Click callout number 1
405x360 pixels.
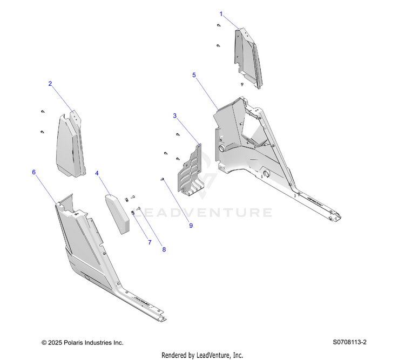[x=220, y=12]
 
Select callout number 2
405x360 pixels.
[x=50, y=84]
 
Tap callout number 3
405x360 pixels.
[x=174, y=116]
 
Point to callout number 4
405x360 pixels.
[x=97, y=173]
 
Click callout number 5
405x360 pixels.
[x=194, y=75]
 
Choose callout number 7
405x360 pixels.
[x=150, y=243]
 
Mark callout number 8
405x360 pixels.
[x=164, y=250]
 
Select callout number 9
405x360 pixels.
[x=191, y=226]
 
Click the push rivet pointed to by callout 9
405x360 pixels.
[x=162, y=180]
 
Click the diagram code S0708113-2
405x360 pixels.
[x=354, y=342]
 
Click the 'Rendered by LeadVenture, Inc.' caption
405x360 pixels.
[x=202, y=355]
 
